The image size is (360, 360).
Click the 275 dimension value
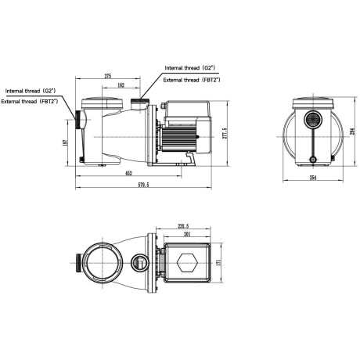click(x=106, y=75)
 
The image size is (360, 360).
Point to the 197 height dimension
click(x=68, y=142)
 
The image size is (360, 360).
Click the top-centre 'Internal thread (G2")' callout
click(x=192, y=69)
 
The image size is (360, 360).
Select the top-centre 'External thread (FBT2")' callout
click(x=192, y=80)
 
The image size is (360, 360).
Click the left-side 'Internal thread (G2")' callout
click(x=36, y=92)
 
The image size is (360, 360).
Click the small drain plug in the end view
click(x=312, y=159)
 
